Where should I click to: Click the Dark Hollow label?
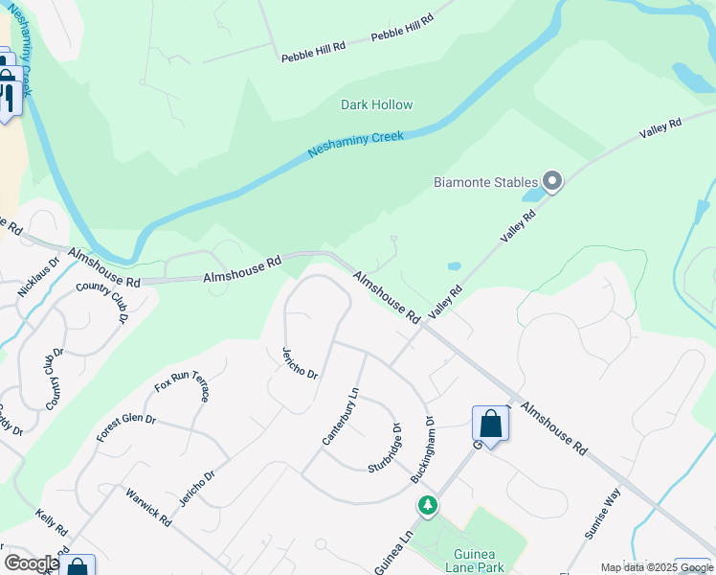click(x=376, y=104)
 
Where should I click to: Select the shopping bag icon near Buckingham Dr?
click(x=490, y=423)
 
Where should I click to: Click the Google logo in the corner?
click(x=32, y=563)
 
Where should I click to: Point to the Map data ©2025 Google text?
click(x=657, y=567)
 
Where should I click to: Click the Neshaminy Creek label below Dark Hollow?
click(x=356, y=145)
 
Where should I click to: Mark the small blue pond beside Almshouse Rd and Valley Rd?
click(x=454, y=265)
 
